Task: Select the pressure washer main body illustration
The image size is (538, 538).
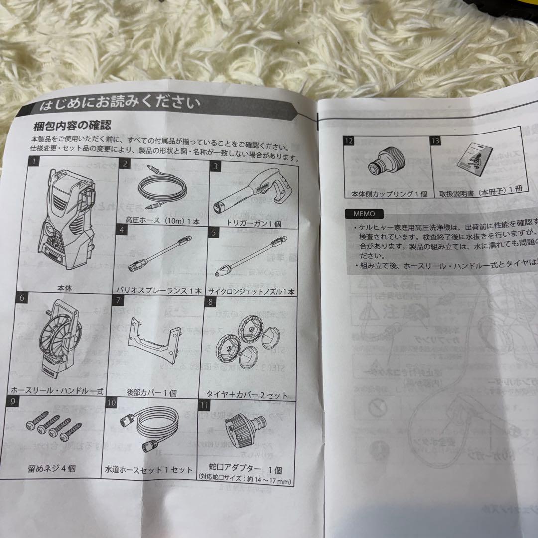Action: pos(69,219)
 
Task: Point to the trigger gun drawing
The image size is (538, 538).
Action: pos(251,192)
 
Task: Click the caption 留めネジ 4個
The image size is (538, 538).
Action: pos(52,468)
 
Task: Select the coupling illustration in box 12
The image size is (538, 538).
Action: pos(386,165)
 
